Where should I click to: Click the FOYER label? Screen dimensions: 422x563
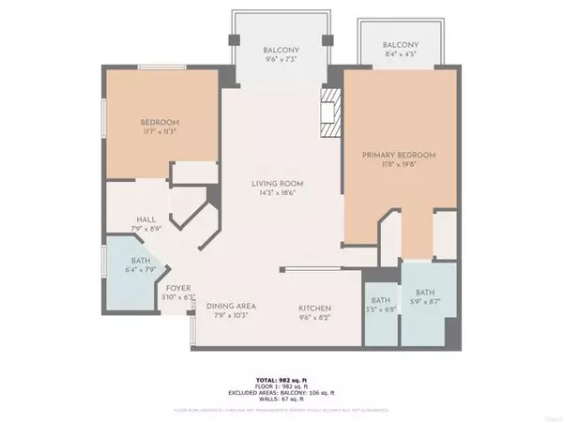click(x=179, y=287)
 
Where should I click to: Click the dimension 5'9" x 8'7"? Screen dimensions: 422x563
click(x=425, y=300)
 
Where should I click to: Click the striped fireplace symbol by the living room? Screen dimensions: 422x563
click(x=328, y=108)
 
